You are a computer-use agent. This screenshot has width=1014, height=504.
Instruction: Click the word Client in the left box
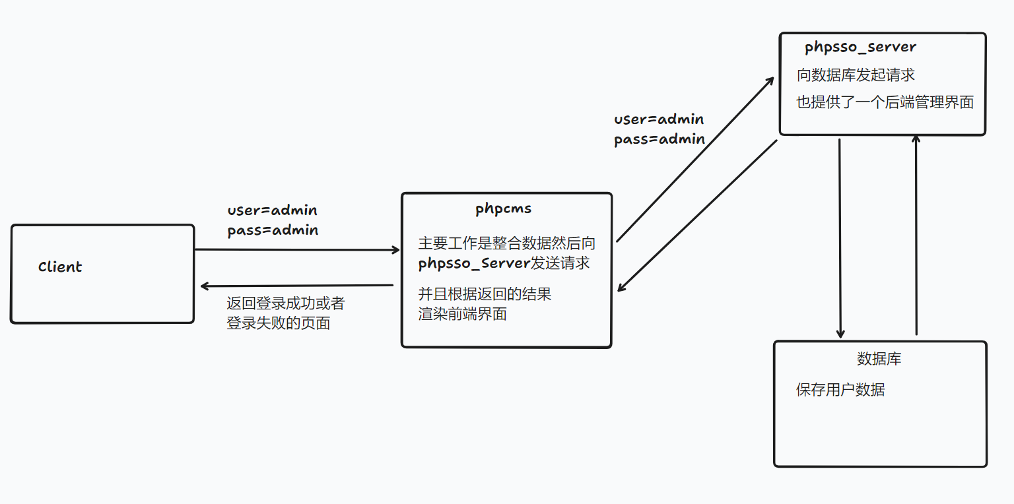(x=60, y=267)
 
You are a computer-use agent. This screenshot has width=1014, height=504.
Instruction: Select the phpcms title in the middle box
(x=503, y=209)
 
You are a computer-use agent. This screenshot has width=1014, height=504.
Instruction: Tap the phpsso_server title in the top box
(x=860, y=47)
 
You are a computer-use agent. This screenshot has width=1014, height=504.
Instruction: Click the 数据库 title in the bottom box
(x=879, y=359)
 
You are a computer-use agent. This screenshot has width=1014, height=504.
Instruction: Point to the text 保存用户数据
(x=840, y=390)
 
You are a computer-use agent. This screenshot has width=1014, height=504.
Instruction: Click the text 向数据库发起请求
(x=856, y=75)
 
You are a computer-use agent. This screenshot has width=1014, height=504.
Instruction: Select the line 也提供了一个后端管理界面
(x=885, y=102)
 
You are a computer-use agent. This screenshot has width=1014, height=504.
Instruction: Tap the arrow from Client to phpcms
(x=297, y=250)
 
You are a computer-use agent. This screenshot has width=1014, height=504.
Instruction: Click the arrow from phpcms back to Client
(x=297, y=286)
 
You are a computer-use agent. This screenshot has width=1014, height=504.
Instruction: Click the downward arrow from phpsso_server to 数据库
(x=840, y=237)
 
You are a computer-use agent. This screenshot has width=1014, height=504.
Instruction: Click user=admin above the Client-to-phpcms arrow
(x=272, y=211)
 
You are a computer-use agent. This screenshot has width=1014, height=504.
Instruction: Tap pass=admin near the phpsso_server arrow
(x=659, y=140)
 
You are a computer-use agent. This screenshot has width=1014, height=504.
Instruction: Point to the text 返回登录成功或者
(x=285, y=303)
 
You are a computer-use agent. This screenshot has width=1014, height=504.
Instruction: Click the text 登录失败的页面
(x=278, y=324)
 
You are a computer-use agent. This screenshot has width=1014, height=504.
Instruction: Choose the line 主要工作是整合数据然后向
(x=506, y=243)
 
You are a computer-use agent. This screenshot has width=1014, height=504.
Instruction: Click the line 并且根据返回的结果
(x=485, y=294)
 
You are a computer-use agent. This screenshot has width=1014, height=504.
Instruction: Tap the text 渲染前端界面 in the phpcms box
(x=462, y=314)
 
